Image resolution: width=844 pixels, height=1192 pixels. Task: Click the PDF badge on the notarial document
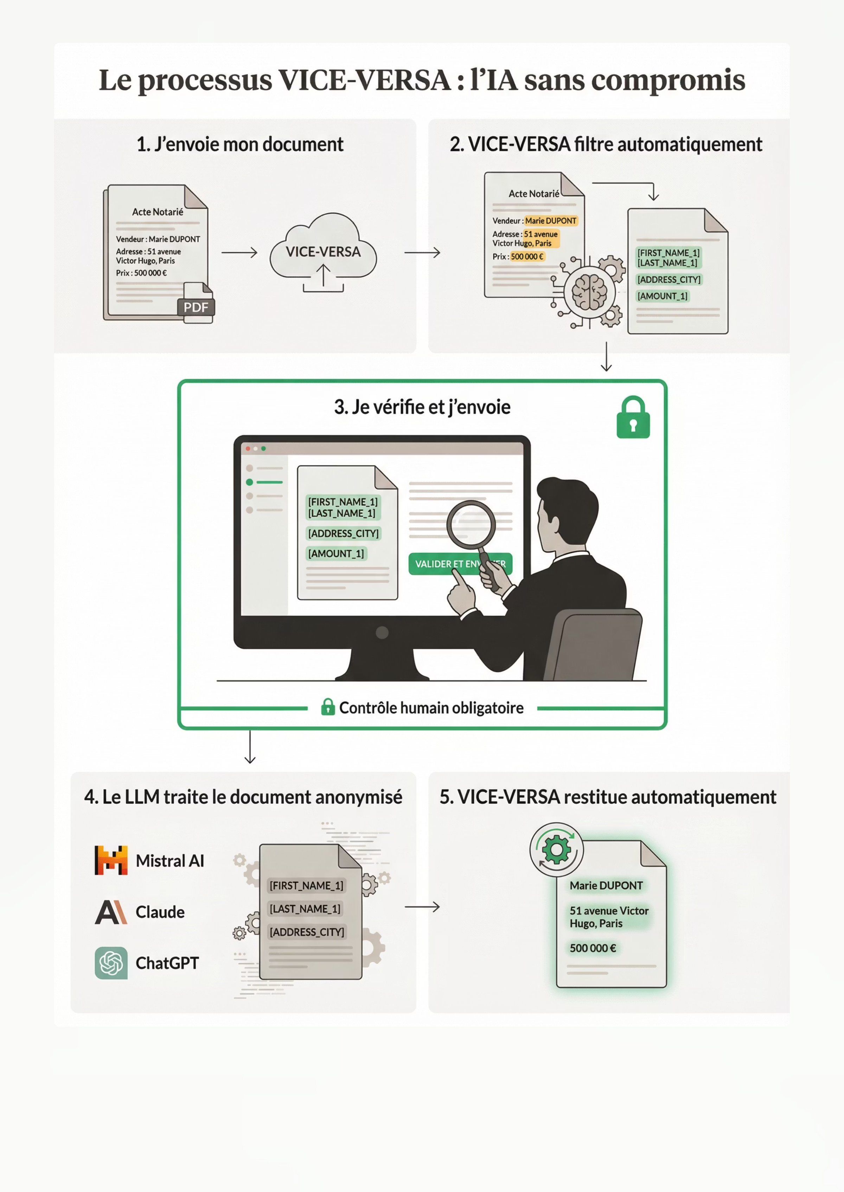196,307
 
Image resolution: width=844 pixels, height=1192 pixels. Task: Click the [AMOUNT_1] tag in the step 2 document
662,296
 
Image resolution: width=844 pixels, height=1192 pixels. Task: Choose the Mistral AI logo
111,860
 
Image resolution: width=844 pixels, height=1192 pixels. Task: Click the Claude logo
111,912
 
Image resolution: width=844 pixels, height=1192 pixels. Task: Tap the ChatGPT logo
111,963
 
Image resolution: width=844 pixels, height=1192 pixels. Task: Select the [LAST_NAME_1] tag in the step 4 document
305,908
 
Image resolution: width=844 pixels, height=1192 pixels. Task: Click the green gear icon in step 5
556,850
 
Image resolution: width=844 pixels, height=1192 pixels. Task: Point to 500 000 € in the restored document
593,948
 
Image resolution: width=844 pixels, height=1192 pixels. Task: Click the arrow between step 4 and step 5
422,907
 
